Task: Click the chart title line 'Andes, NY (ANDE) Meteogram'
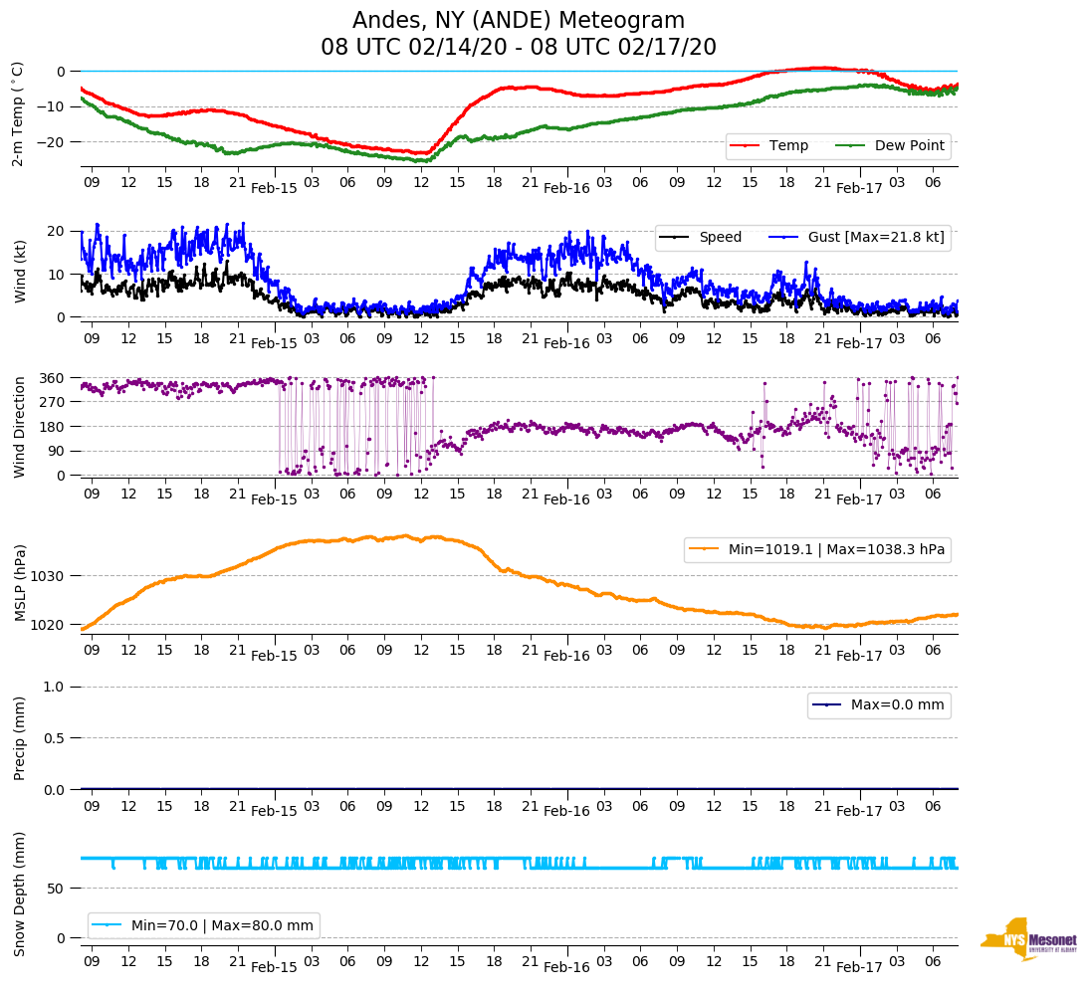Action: coord(519,21)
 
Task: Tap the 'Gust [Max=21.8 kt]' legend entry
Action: coord(876,238)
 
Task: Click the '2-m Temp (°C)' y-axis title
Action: coord(18,113)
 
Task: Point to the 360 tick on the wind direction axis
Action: coord(53,378)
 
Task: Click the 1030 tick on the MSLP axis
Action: coord(49,576)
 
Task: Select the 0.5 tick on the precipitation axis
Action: coord(56,738)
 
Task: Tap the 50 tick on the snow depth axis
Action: coord(59,888)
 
